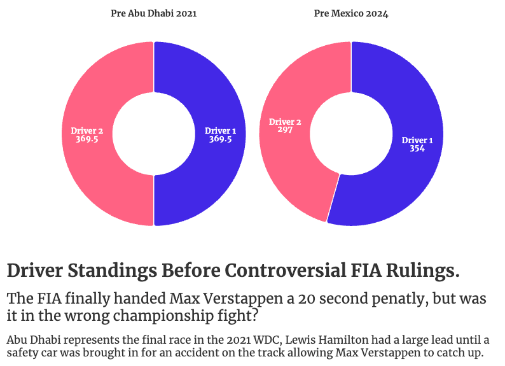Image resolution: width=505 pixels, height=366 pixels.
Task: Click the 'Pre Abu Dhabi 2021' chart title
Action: pos(153,13)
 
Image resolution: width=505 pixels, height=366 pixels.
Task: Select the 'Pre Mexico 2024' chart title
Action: pos(350,13)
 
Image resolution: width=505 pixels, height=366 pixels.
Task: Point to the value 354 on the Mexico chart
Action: pos(417,149)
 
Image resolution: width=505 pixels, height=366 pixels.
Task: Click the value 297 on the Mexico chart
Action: pos(285,130)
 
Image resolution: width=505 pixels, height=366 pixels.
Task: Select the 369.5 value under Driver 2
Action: pos(86,139)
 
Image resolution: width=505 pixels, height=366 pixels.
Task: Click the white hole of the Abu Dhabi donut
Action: pos(153,134)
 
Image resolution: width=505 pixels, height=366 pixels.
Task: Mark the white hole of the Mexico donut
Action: pos(350,134)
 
